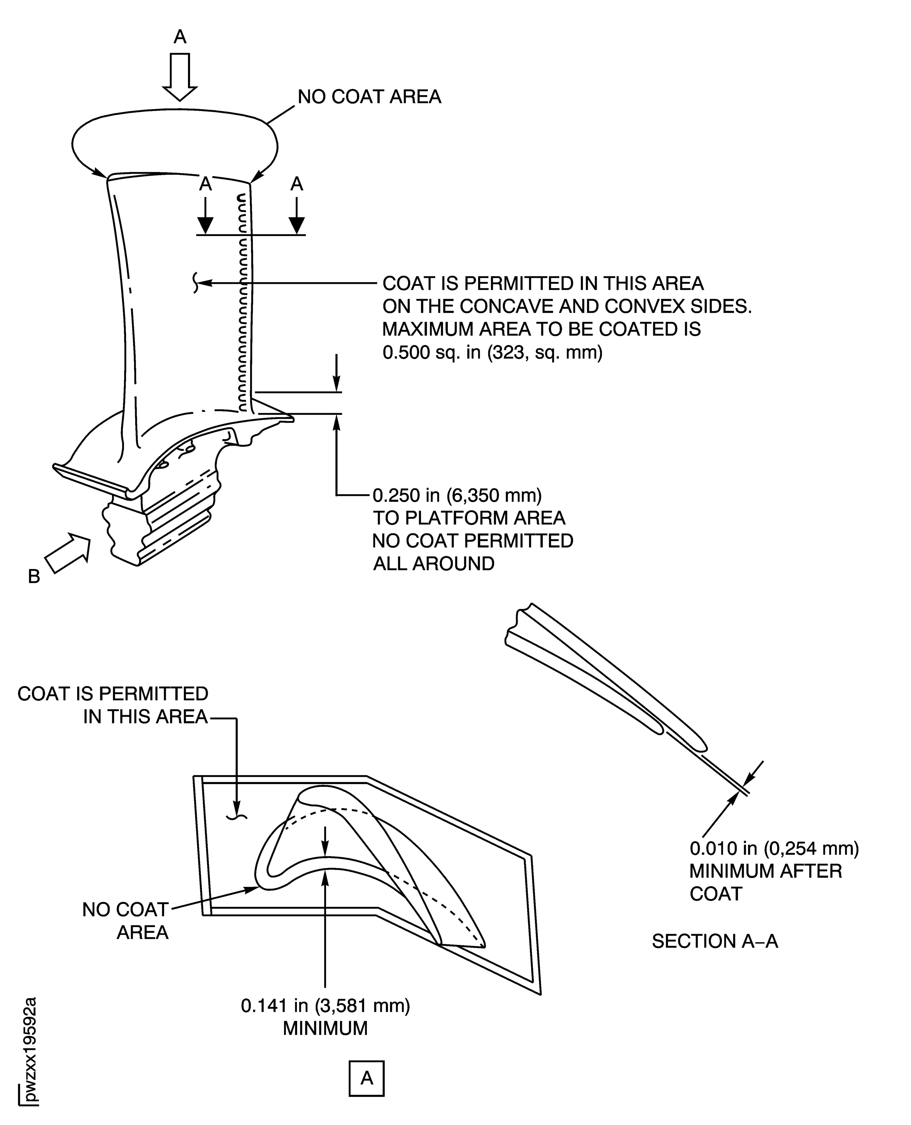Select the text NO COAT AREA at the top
point(369,97)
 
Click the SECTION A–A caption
point(715,941)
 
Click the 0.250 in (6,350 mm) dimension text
point(457,495)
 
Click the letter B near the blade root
point(34,576)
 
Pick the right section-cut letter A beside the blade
point(297,184)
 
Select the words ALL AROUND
point(433,564)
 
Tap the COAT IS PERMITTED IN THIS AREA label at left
point(113,705)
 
